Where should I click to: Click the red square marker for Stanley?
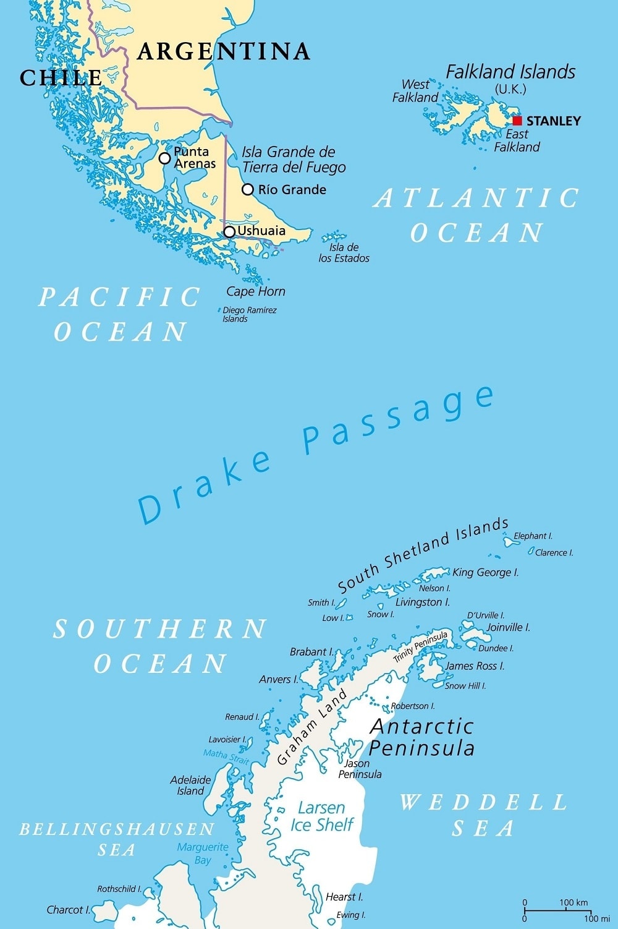point(517,121)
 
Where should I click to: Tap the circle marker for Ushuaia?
point(229,232)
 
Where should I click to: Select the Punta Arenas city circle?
point(164,158)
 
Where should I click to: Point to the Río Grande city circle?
point(248,189)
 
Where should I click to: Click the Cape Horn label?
point(256,291)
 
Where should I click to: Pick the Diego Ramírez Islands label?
point(249,315)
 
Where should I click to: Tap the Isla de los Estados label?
point(344,253)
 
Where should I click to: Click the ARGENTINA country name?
point(224,51)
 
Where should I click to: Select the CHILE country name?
point(61,78)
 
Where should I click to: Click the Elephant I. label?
point(533,536)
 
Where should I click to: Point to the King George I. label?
point(485,573)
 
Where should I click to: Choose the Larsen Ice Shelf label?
point(321,816)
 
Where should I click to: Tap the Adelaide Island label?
point(190,786)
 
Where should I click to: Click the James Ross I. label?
point(475,666)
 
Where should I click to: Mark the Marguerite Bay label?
point(203,854)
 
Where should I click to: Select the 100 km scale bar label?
point(574,902)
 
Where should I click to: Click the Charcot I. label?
point(68,910)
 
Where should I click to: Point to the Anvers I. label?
point(279,679)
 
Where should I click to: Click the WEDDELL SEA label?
point(483,815)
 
